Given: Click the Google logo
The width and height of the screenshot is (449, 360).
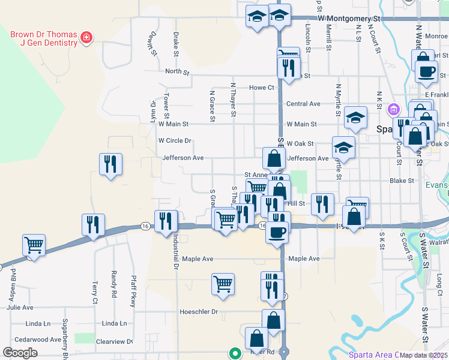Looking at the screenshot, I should click(20, 352).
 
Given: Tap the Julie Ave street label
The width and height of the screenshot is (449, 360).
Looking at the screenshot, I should click(20, 307).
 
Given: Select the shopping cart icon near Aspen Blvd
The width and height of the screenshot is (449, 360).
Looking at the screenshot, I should click(34, 245).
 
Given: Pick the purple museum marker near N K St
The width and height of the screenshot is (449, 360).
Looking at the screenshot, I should click(393, 110).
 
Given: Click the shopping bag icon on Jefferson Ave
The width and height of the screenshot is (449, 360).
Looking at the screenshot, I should click(274, 159).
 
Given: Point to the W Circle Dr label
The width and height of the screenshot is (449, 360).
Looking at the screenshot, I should click(174, 141).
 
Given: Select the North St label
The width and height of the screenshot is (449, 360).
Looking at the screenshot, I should click(177, 72).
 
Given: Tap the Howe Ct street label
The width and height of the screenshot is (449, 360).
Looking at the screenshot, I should click(261, 88).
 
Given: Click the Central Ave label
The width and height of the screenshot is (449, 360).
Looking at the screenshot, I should click(303, 104).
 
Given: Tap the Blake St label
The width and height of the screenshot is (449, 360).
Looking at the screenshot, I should click(402, 180).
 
